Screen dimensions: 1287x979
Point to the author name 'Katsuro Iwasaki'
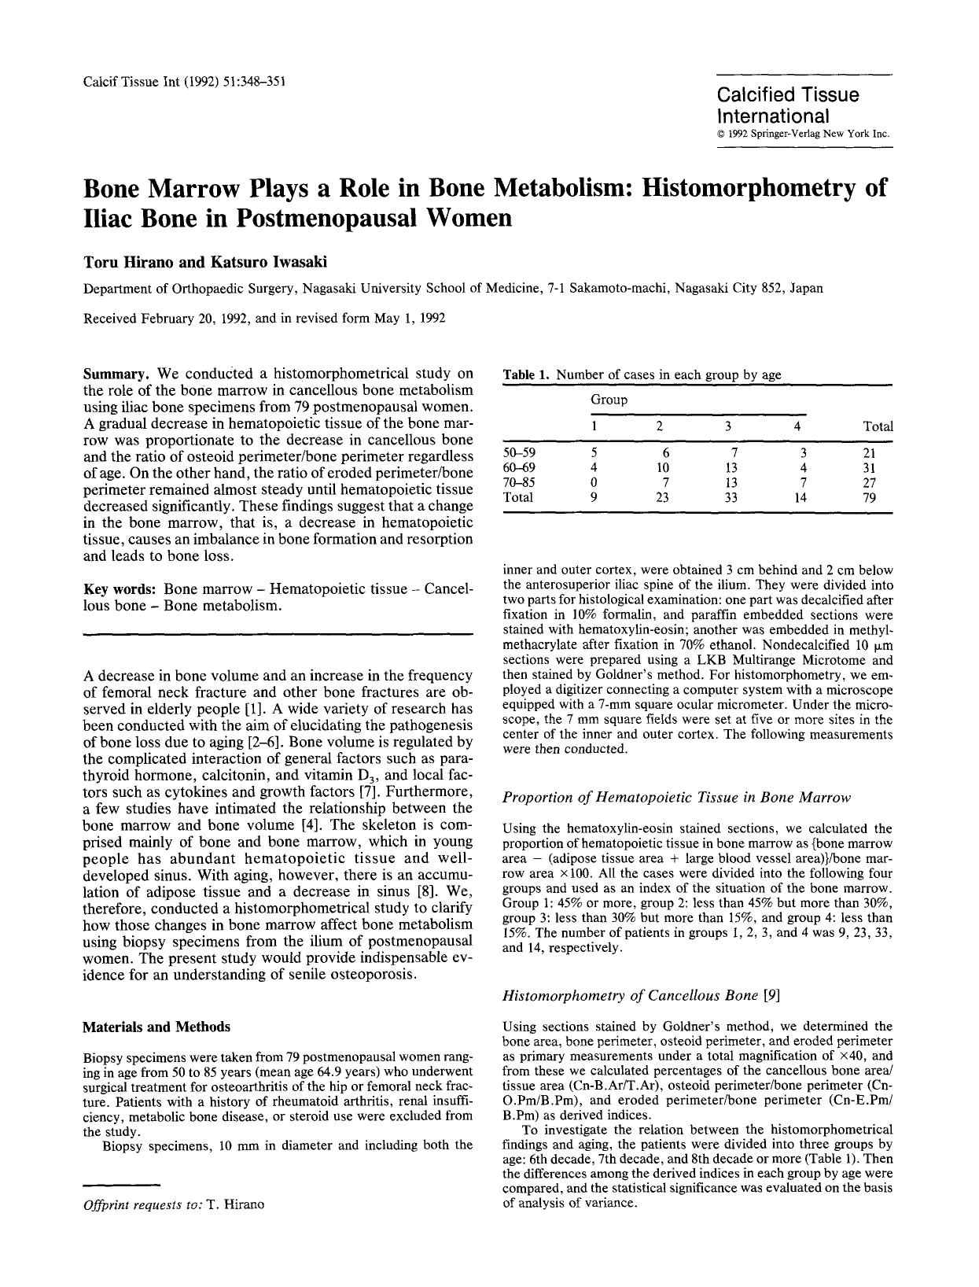(225, 262)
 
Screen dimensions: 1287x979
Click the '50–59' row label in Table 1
(518, 453)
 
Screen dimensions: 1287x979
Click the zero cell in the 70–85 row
(594, 483)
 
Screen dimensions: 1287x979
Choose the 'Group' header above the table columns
(609, 400)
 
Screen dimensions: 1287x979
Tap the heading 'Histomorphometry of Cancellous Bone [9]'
(641, 996)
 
